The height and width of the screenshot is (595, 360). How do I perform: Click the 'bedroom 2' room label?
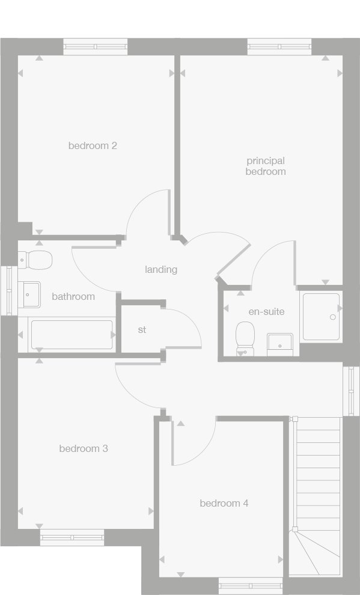pos(92,145)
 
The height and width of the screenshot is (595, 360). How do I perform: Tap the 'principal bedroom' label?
pos(265,166)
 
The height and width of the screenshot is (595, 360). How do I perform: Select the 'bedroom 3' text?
pos(84,448)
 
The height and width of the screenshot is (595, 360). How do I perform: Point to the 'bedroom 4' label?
pos(224,503)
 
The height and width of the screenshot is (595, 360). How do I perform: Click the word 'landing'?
pos(161,269)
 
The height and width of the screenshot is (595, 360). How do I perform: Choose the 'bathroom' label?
pos(73,296)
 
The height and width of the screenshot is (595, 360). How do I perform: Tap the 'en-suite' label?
pos(266,311)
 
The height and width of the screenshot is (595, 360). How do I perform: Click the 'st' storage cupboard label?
pos(142,329)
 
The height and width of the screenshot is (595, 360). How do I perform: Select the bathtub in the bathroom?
pos(72,335)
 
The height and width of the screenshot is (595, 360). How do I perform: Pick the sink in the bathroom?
pos(29,294)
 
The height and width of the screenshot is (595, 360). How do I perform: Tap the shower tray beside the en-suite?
pos(322,316)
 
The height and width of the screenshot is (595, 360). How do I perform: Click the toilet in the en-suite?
pos(245,338)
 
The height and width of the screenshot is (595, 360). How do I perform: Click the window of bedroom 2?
pos(96,47)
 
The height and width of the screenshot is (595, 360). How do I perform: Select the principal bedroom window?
pos(279,47)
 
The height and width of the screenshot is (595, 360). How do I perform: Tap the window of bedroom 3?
pos(72,537)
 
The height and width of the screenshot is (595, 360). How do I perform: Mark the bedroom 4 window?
pos(251,585)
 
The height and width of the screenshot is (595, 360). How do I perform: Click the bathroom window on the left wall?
pos(8,290)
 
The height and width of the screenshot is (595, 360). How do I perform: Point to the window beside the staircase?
pos(351,391)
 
